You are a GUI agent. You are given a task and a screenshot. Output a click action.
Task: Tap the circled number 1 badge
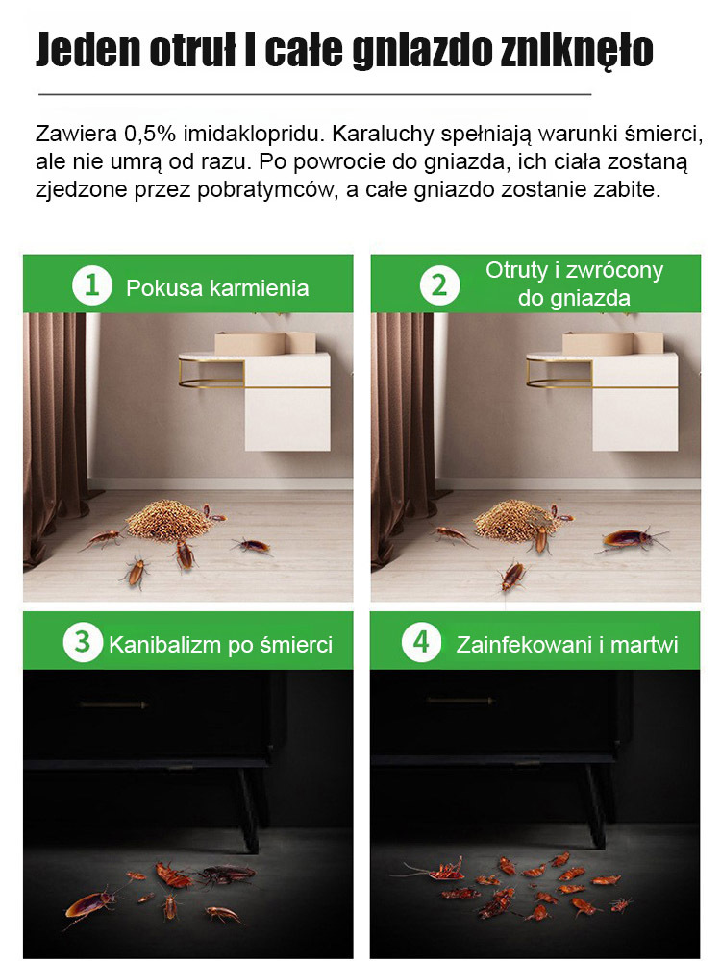coord(91,285)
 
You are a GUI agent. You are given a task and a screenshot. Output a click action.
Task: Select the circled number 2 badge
coord(439,285)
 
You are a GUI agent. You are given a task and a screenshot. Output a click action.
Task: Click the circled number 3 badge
coord(84,642)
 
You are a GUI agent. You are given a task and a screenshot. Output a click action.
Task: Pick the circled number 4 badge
coord(421,642)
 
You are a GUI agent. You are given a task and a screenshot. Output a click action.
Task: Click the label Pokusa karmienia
coord(217,287)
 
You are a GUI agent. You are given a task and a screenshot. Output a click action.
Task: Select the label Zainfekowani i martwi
coord(567,644)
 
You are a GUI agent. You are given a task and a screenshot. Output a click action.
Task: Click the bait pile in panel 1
coord(169,519)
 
